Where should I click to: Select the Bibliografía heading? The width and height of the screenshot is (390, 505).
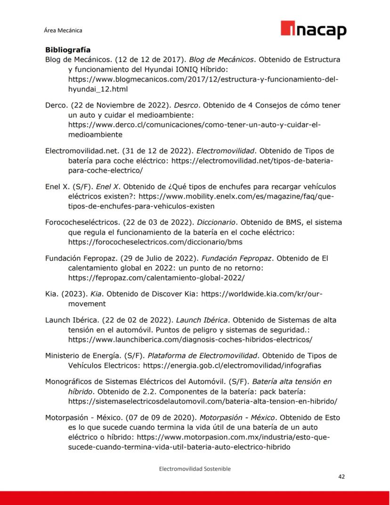click(68, 50)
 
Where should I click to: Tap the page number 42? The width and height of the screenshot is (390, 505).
click(342, 477)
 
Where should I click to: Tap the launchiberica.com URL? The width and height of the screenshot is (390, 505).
click(190, 339)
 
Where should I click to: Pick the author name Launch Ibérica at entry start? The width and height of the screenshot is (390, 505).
click(71, 320)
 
